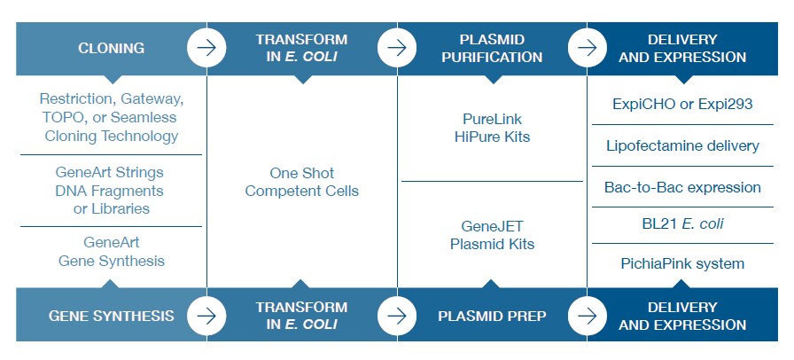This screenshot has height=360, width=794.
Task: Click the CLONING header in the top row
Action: click(x=111, y=48)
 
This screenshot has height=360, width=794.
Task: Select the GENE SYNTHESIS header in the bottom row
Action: click(x=111, y=315)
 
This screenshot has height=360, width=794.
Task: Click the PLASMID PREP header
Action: click(x=493, y=315)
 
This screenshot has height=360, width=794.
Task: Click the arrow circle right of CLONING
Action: click(x=206, y=48)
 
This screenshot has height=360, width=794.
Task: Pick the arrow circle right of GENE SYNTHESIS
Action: click(x=206, y=315)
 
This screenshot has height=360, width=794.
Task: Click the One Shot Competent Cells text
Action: click(x=301, y=182)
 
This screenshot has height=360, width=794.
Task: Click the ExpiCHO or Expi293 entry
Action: click(x=682, y=104)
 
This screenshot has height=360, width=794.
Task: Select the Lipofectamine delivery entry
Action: click(x=682, y=145)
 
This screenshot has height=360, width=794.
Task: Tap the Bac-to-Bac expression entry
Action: click(x=682, y=187)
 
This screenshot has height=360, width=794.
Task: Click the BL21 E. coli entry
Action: click(x=682, y=223)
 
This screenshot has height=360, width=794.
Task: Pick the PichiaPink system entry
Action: click(x=682, y=263)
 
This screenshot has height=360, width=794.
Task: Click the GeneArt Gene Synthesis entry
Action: click(x=112, y=251)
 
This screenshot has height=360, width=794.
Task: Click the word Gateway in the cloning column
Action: click(x=154, y=98)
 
